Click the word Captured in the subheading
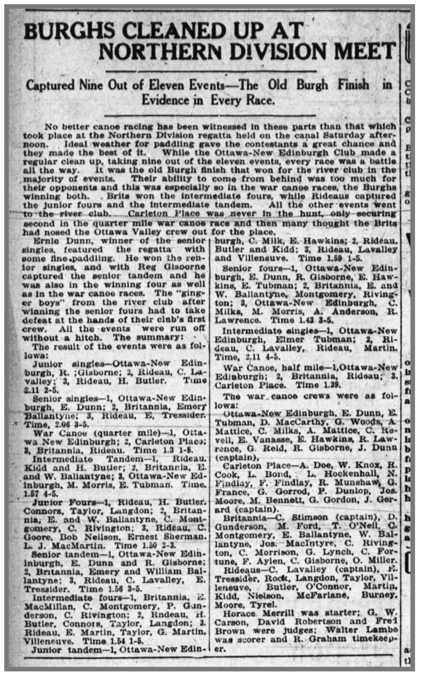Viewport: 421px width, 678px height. click(50, 86)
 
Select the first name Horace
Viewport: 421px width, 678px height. click(239, 613)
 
